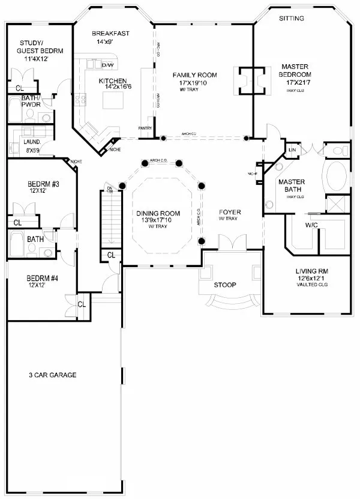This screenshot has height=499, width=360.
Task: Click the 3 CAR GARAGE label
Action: coord(52,375)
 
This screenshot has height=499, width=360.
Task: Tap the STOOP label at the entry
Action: coord(226,284)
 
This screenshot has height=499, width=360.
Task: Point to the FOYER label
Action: coord(230,211)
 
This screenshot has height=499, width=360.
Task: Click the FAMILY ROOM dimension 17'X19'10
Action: coord(194,83)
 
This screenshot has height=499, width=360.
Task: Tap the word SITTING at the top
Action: coord(292,19)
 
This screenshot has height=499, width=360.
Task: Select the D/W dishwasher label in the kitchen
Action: coord(108,65)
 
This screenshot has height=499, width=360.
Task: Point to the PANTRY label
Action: coord(144,128)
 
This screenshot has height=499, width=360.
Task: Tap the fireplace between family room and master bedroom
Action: coord(251,80)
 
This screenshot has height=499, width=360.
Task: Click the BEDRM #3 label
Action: coord(43,184)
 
